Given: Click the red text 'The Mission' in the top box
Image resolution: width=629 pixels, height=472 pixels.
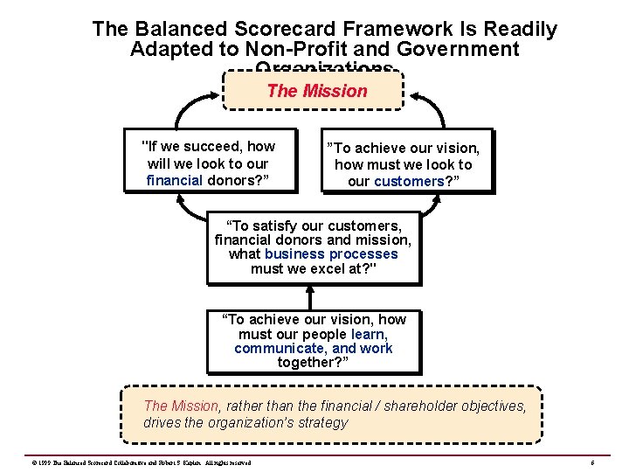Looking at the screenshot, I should tap(317, 91).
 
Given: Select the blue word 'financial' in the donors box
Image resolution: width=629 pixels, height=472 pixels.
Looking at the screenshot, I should tap(175, 181).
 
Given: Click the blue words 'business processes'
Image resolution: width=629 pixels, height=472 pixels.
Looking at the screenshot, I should tap(331, 253).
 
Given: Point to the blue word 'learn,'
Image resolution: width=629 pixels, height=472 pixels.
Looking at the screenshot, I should tap(370, 335).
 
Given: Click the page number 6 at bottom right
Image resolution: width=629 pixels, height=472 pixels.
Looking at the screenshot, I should tap(591, 462).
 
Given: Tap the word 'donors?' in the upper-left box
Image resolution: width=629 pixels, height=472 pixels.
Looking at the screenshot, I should tap(235, 181).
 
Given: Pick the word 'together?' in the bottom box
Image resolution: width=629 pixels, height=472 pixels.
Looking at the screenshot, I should tap(313, 363).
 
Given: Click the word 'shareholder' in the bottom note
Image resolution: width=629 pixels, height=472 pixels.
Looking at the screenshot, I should tap(439, 406).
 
